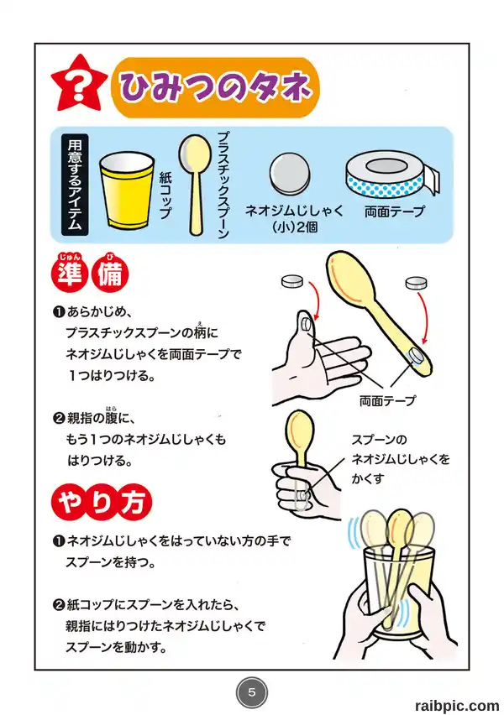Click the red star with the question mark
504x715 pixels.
tap(78, 85)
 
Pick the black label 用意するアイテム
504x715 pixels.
tap(75, 184)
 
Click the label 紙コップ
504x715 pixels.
tap(165, 196)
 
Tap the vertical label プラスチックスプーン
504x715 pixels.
tap(223, 185)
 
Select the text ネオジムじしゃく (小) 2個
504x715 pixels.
tap(295, 218)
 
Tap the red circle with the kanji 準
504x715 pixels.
tap(70, 274)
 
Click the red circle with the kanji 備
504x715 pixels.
tap(110, 274)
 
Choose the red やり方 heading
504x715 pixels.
tap(102, 502)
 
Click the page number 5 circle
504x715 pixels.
tap(251, 692)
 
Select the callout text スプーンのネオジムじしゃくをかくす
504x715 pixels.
tap(401, 459)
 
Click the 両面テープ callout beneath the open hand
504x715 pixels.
tap(387, 401)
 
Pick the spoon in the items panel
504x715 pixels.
tap(192, 185)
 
